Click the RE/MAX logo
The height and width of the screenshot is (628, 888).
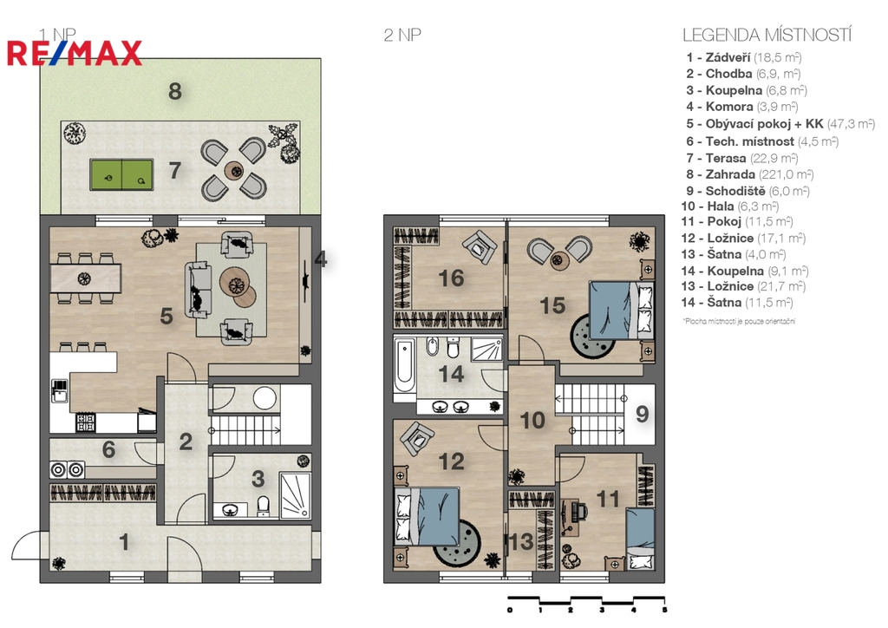tap(75, 53)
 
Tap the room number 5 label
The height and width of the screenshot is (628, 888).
tap(166, 317)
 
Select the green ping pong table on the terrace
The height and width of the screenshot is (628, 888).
tap(121, 174)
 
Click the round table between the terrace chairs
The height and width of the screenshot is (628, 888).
tap(234, 170)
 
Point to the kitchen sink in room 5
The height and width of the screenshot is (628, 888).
tap(60, 390)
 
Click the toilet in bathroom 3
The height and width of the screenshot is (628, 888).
tap(264, 505)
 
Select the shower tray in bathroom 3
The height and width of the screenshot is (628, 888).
tap(295, 495)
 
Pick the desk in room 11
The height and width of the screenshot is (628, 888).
tap(570, 516)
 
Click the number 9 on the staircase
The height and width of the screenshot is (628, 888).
tap(642, 414)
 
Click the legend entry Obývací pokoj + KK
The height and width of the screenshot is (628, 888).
tap(780, 123)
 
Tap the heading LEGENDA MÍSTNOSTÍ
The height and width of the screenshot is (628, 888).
tap(767, 35)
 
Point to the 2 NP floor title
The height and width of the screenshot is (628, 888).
tap(402, 35)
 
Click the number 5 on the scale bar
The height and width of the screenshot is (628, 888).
tap(664, 610)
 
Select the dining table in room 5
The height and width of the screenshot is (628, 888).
tap(86, 278)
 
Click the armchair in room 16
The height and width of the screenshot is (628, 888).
tap(480, 247)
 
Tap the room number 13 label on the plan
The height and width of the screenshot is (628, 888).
tap(521, 542)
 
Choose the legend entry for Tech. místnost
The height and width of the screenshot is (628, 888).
tap(762, 141)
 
